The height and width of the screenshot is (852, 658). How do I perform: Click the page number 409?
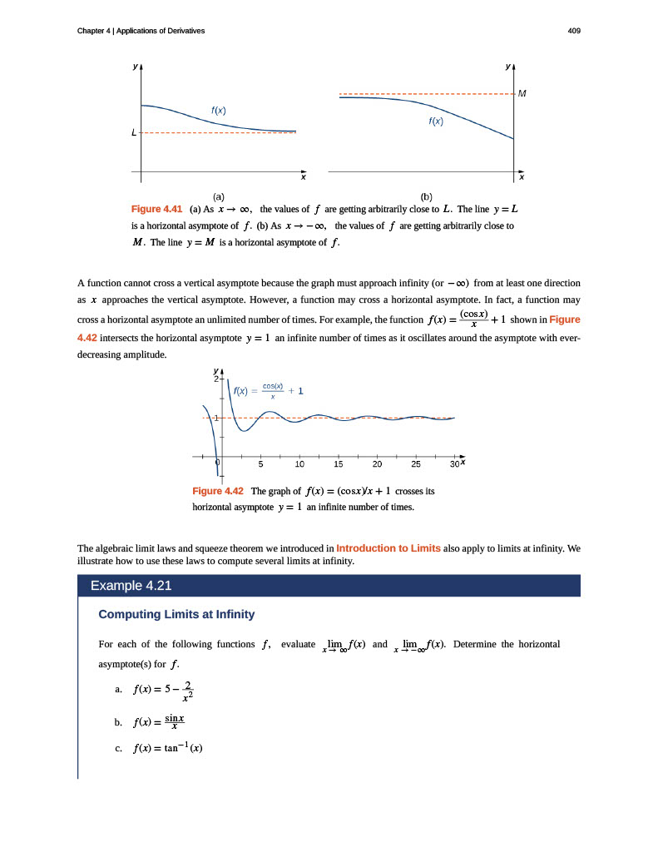point(573,31)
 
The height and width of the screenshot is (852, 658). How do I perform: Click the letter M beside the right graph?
point(522,93)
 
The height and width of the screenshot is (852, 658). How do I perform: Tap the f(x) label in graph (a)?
point(218,111)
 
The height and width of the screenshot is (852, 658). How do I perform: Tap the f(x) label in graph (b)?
point(436,121)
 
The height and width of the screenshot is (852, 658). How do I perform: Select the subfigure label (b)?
point(427,196)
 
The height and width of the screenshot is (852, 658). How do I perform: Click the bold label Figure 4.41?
point(157,208)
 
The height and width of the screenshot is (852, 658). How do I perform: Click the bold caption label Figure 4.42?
point(217,491)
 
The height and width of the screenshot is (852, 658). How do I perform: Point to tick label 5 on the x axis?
point(260,464)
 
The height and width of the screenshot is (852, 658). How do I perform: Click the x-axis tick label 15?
point(339,464)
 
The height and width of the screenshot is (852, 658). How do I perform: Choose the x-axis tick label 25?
point(416,464)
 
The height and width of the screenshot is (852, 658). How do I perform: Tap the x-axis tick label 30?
point(453,464)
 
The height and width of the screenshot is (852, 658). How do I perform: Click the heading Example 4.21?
point(131,586)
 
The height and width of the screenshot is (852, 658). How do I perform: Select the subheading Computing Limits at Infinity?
point(176,615)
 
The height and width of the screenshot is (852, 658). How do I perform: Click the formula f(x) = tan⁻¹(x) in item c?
point(168,748)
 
